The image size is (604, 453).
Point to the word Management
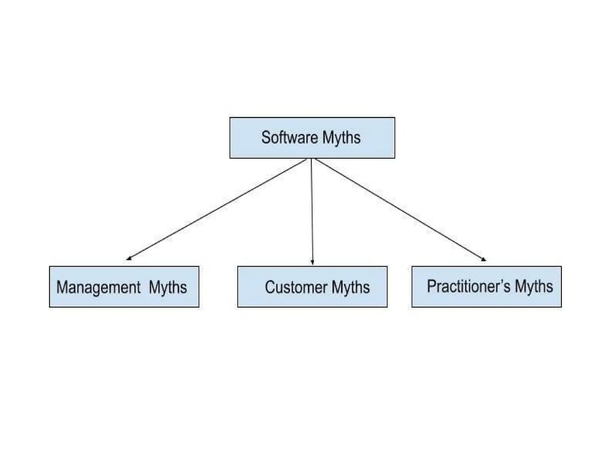point(98,288)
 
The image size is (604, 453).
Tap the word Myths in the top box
point(341,138)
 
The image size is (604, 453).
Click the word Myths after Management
point(168,288)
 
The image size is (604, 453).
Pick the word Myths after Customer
point(350,288)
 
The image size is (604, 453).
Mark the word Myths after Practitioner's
point(534,286)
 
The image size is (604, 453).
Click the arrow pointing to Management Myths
point(217,209)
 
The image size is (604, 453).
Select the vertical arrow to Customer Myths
point(312,211)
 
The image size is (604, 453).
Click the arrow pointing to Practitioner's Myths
point(401,210)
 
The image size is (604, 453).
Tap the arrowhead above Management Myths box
point(129,259)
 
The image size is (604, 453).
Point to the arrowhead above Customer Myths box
point(312,262)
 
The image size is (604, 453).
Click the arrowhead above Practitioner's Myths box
point(484,259)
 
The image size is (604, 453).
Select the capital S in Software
point(266,137)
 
